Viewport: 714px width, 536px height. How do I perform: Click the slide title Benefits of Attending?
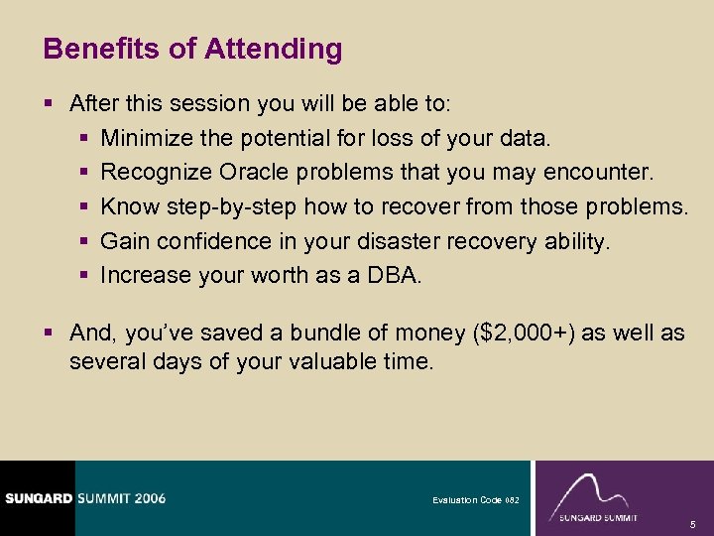click(x=193, y=49)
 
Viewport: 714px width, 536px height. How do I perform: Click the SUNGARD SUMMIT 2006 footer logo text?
click(x=83, y=498)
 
